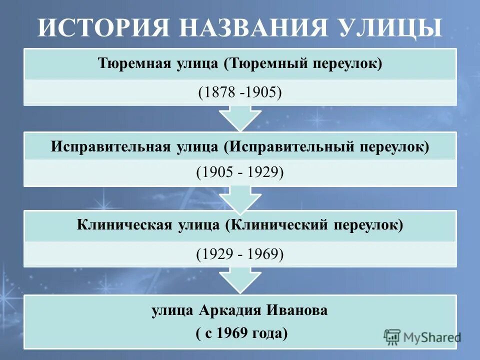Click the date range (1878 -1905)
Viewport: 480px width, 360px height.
[240, 93]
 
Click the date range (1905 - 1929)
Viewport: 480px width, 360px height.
[240, 172]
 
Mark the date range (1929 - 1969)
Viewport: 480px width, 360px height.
[240, 254]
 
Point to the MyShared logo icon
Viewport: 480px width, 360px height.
[392, 337]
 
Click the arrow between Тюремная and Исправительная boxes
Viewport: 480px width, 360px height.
[240, 118]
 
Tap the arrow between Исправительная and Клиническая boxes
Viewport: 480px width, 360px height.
[240, 198]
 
